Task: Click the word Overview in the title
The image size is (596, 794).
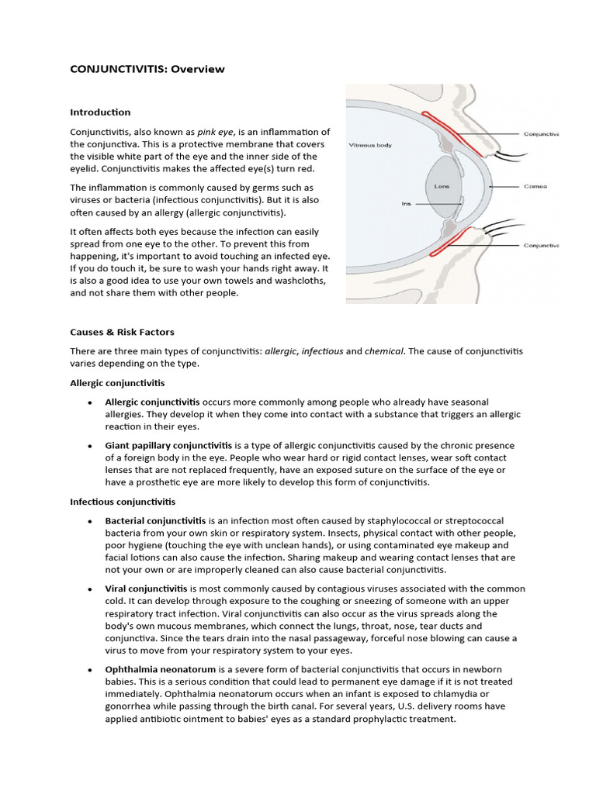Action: click(198, 69)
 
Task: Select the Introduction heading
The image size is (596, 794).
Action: click(100, 112)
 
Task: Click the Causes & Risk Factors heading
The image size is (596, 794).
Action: click(122, 332)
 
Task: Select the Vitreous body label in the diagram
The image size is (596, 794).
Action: click(371, 144)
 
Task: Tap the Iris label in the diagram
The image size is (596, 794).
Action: click(407, 204)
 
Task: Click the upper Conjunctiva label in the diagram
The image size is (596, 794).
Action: click(541, 133)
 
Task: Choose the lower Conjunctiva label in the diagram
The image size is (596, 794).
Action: click(541, 245)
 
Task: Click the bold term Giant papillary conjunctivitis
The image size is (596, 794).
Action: click(168, 446)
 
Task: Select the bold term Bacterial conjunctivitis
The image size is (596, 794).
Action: click(155, 520)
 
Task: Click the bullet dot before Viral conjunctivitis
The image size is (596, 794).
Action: click(91, 589)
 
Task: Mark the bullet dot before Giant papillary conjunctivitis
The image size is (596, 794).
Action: click(91, 447)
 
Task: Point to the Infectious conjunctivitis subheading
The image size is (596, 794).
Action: click(123, 502)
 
